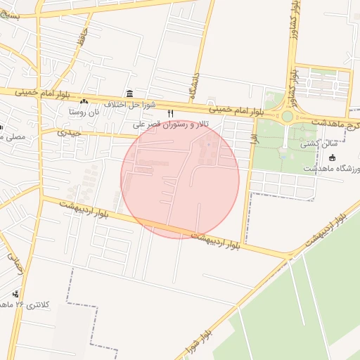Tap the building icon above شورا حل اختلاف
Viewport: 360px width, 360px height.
129,94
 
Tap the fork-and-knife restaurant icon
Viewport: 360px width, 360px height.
169,113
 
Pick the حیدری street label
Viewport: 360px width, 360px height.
69,132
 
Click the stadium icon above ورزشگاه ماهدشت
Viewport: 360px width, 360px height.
333,157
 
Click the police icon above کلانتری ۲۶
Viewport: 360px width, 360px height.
16,293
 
